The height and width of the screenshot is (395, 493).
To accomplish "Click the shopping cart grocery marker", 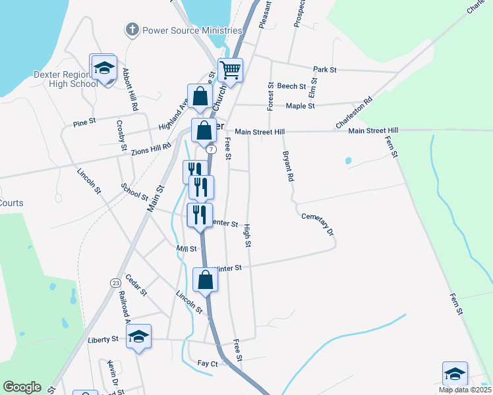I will tap(231, 69).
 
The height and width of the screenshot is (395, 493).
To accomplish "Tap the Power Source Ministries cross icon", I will tap(132, 30).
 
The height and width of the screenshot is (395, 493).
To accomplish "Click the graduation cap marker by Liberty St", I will tap(138, 336).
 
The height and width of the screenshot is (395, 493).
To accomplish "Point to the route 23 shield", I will tap(115, 282).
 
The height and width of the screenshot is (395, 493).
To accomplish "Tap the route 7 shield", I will tap(210, 150).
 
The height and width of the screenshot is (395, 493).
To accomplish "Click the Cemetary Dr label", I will tap(318, 224).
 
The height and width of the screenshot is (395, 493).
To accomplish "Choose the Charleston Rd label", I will tap(354, 113).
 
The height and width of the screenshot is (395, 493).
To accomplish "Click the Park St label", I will tap(325, 69).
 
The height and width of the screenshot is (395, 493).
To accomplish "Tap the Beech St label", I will tap(291, 86).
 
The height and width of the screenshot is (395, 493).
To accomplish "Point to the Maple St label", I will tap(300, 105).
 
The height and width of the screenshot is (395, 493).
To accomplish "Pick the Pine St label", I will tap(85, 122).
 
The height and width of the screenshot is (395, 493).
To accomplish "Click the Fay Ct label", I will tap(208, 363).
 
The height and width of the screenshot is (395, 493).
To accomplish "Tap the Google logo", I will tap(22, 387).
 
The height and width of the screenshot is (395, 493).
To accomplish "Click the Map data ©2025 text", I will tap(465, 390).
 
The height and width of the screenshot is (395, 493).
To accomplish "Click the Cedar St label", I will tap(136, 284).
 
